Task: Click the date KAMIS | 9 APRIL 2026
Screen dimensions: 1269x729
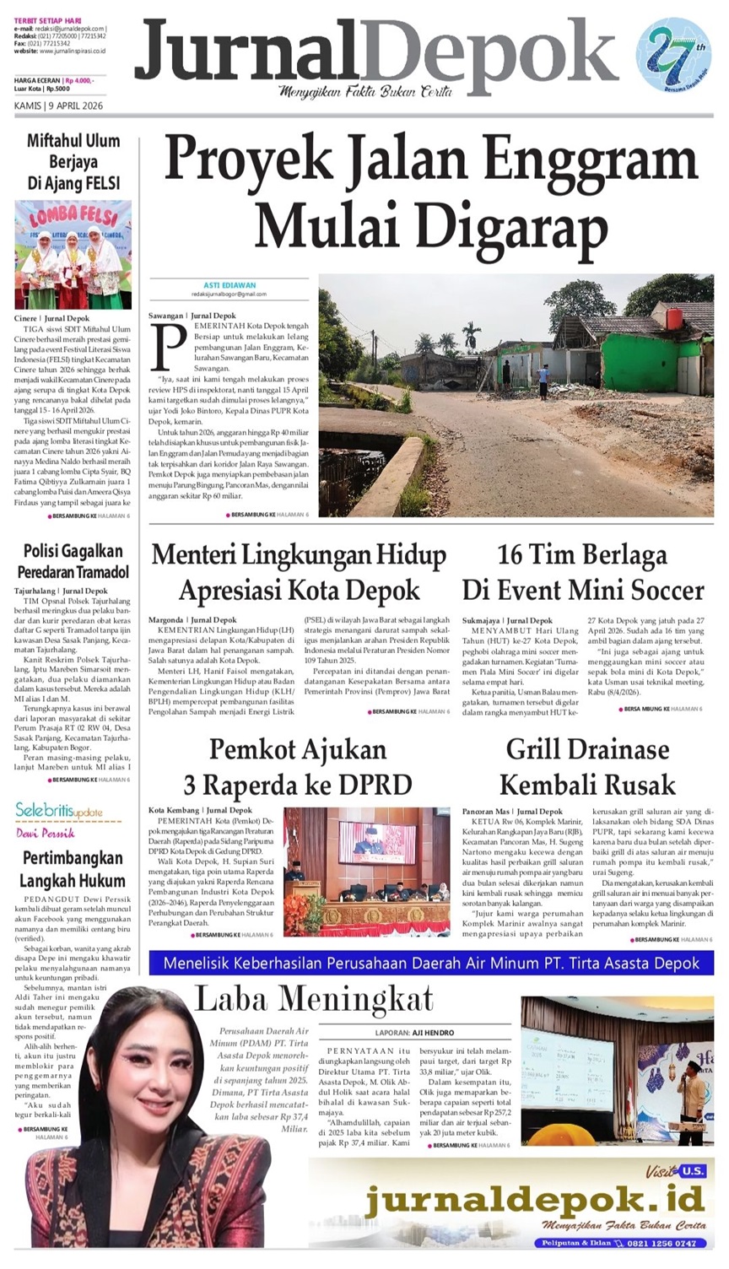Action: pos(58,106)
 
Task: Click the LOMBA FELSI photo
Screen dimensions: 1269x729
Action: pos(73,254)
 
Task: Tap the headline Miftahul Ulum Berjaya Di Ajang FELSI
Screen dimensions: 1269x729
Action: pos(73,161)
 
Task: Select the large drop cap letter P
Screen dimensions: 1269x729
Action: pos(169,345)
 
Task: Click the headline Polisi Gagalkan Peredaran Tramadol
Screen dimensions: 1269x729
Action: pos(73,561)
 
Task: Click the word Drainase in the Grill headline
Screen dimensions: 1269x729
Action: pos(611,749)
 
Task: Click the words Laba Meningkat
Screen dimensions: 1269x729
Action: pos(314,1000)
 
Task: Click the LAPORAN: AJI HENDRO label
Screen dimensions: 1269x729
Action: pos(414,1033)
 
